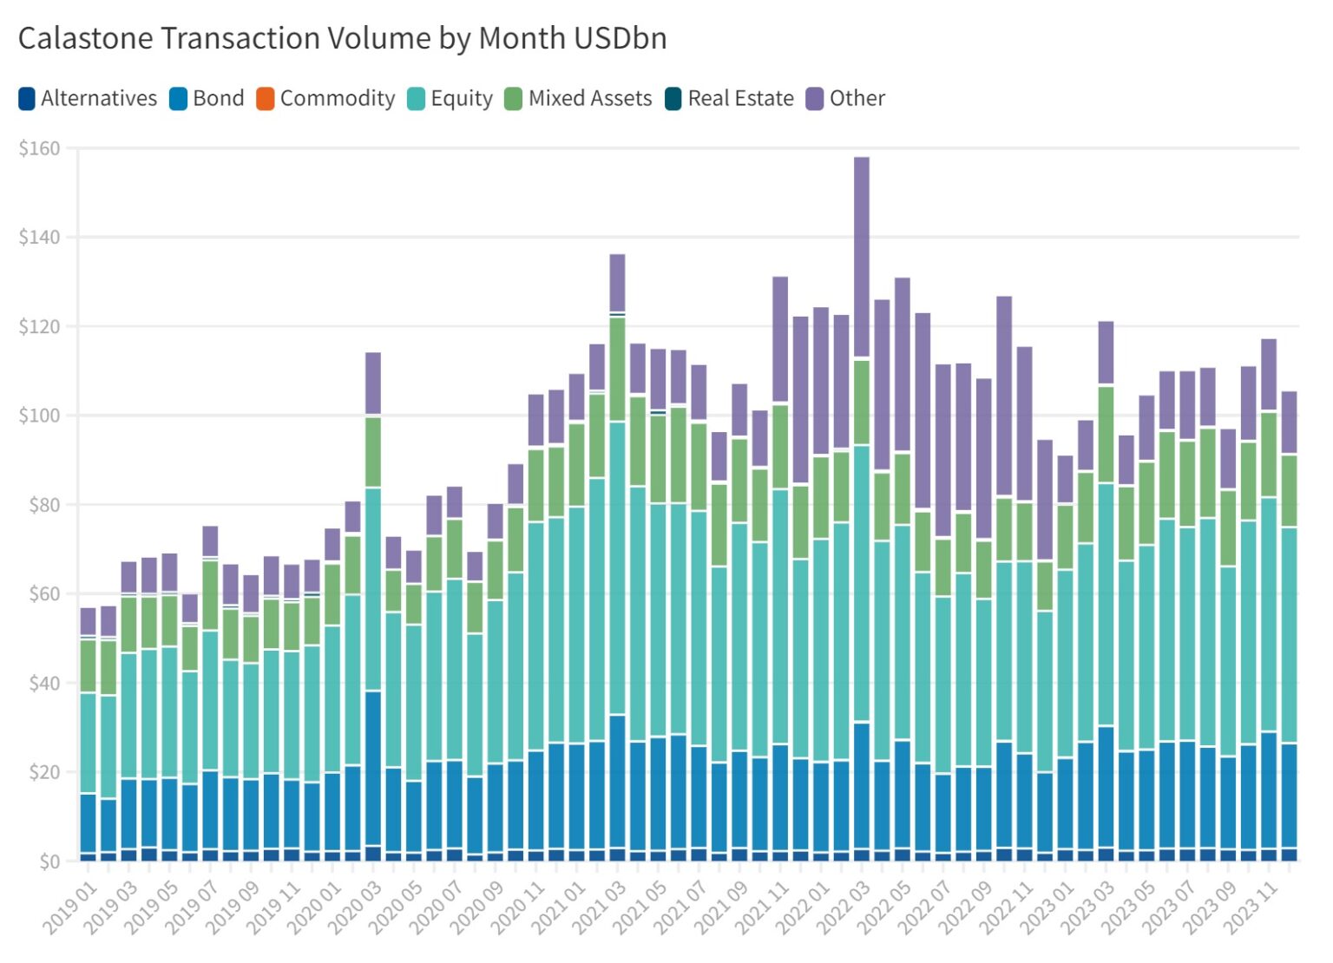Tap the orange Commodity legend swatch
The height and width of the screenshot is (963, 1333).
click(266, 99)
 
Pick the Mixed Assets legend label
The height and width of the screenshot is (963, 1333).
click(589, 99)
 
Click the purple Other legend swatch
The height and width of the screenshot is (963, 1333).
click(814, 99)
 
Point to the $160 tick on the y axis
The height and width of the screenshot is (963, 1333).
click(40, 148)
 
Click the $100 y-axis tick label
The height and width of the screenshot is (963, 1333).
click(40, 416)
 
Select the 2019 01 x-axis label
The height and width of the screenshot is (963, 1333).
click(69, 907)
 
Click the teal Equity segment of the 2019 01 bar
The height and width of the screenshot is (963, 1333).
click(89, 743)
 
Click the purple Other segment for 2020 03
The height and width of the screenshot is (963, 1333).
click(373, 384)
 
